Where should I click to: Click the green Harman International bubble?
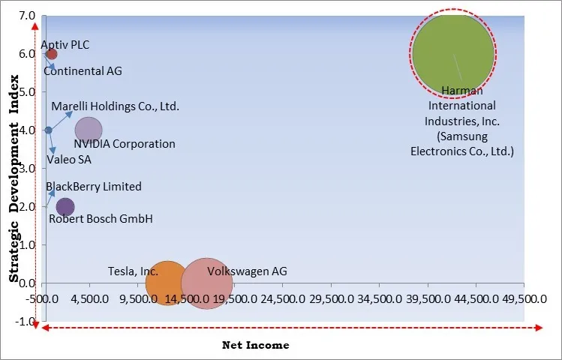[x=452, y=53]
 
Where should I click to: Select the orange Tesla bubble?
[x=167, y=283]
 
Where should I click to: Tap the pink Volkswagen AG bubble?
[x=206, y=283]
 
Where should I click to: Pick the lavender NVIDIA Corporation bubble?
[x=89, y=130]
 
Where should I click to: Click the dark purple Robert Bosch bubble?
[x=65, y=207]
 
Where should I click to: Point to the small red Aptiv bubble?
[x=51, y=54]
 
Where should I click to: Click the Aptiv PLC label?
[x=65, y=45]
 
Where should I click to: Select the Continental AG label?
[x=83, y=71]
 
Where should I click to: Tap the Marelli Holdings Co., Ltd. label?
[x=115, y=106]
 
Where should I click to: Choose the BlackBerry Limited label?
[x=93, y=187]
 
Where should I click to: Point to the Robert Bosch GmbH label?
[x=101, y=219]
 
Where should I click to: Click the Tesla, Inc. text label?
[x=133, y=271]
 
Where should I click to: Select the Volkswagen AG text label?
[x=247, y=271]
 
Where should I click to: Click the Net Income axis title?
[x=255, y=345]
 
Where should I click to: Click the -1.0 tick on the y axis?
[x=25, y=322]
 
